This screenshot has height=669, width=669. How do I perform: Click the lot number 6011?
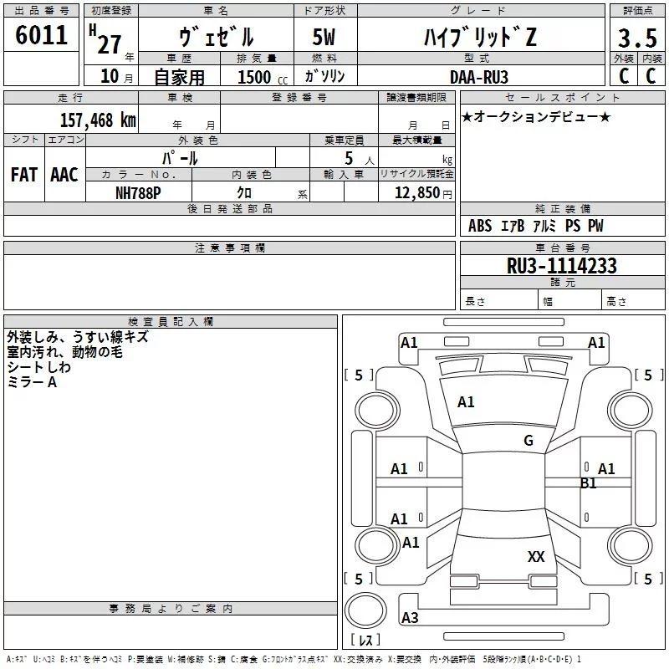click(41, 36)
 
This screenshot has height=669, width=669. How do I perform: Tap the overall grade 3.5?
click(636, 38)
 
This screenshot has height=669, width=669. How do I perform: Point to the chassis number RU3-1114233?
click(562, 266)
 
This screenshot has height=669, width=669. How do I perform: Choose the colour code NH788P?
click(138, 192)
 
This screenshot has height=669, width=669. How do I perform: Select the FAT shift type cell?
click(24, 175)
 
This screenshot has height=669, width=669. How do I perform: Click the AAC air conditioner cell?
click(64, 175)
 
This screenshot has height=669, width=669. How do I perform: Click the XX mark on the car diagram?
click(536, 556)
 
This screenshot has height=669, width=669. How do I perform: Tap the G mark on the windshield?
click(528, 441)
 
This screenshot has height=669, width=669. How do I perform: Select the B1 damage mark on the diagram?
click(589, 483)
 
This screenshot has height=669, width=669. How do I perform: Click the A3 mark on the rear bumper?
click(410, 618)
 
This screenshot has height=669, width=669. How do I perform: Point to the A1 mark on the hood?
click(466, 402)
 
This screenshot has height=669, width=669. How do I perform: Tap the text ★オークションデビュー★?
click(536, 116)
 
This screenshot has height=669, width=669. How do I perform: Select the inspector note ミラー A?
click(32, 381)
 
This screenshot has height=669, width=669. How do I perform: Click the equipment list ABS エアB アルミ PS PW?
click(535, 226)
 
